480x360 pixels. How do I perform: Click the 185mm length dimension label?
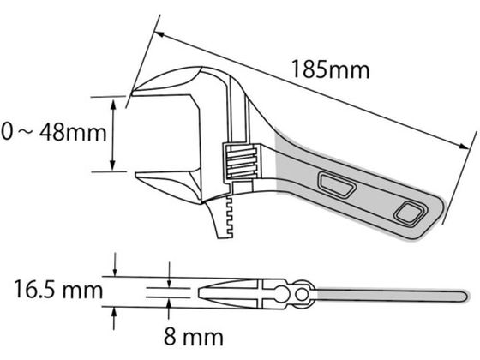[331, 69]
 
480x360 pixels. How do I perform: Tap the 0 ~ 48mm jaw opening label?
[54, 133]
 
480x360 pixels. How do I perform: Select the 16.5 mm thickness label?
[58, 290]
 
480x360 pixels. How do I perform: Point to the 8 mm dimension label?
[194, 337]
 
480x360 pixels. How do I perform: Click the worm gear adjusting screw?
[241, 161]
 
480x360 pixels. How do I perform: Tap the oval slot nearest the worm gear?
[337, 184]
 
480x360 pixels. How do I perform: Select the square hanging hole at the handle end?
[411, 214]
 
